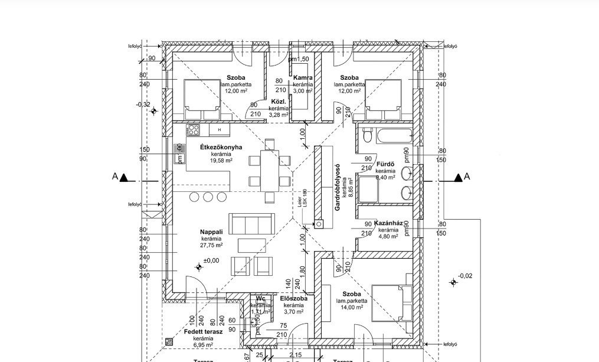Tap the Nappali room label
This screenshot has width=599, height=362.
211,232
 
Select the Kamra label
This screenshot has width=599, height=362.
303,78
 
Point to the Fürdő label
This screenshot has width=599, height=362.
385,164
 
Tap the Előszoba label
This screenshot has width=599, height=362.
293,299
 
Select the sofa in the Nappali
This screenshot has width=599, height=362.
251,224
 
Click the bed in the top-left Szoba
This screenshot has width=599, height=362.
201,99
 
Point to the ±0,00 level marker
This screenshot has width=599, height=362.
211,260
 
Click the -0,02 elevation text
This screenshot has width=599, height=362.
466,275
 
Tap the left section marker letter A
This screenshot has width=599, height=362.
115,177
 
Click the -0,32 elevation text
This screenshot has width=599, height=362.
143,105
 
